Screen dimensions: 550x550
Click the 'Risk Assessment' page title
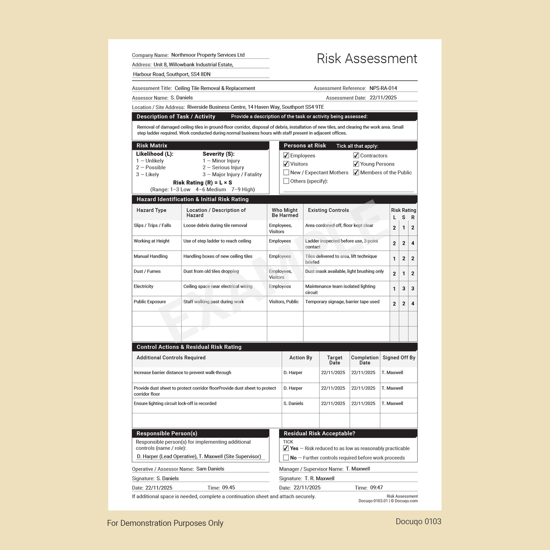point(367,59)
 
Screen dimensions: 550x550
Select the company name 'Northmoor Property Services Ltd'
point(208,55)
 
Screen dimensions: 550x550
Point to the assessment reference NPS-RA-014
point(383,88)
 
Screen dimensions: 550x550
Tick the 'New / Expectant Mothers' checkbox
point(286,172)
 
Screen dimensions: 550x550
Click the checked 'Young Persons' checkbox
point(356,164)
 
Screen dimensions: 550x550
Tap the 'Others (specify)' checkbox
point(286,181)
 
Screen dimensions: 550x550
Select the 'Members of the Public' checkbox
point(356,172)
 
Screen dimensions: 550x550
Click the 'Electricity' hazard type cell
point(143,287)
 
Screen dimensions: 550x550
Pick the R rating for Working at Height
point(413,243)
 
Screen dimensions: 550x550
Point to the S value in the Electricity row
point(403,289)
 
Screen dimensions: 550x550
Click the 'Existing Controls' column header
point(328,210)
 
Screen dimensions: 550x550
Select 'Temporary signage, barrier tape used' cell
point(342,302)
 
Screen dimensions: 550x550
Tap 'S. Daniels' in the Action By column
point(293,403)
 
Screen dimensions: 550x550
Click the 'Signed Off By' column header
point(399,358)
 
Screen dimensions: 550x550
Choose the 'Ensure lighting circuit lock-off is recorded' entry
point(175,403)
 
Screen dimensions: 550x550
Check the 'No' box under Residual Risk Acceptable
point(286,458)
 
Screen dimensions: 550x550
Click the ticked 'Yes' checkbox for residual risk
point(286,448)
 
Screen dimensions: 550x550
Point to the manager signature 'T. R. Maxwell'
point(319,478)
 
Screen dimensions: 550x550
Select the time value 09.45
point(228,488)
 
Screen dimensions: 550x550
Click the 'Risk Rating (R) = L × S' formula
point(202,183)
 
